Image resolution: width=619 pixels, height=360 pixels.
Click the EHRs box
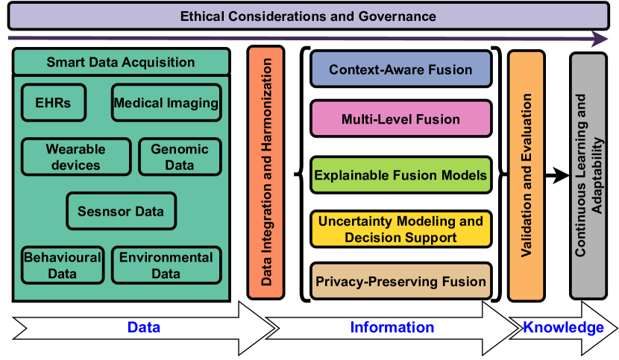tap(53, 103)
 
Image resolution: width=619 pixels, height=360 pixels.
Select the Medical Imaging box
tap(166, 103)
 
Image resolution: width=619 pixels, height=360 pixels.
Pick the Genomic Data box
tap(180, 157)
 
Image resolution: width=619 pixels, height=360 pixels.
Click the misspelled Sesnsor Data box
tap(121, 211)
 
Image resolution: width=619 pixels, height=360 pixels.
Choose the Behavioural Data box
tap(62, 265)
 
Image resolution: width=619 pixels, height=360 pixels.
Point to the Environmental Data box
tap(166, 265)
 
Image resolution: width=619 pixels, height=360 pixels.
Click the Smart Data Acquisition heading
tap(121, 63)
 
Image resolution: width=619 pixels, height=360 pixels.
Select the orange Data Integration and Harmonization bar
tap(265, 172)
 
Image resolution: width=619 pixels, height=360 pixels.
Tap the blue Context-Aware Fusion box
tap(400, 69)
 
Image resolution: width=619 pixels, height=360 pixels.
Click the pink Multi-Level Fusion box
tap(400, 119)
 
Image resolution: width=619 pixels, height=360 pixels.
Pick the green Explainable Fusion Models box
tap(400, 176)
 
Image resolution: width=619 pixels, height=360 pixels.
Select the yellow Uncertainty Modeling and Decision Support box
tap(400, 230)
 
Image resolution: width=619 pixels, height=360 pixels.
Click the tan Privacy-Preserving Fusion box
tap(400, 281)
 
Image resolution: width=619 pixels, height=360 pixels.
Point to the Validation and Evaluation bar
tap(527, 176)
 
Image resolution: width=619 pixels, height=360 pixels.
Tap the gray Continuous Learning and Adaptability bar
tap(588, 176)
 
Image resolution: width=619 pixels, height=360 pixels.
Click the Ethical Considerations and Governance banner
tap(308, 16)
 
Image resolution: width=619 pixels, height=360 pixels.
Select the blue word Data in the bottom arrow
tap(144, 327)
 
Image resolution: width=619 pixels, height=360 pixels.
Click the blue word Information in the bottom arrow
tap(392, 327)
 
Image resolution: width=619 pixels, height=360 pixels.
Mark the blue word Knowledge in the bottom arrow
tap(563, 327)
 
